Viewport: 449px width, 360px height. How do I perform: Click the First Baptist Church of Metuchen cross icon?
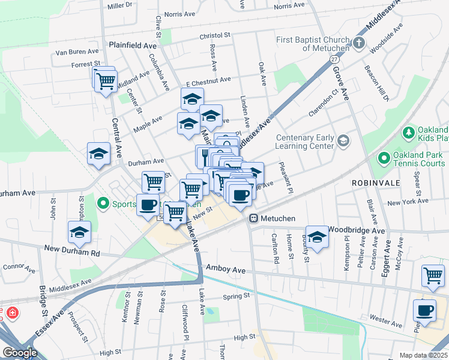pyautogui.click(x=359, y=43)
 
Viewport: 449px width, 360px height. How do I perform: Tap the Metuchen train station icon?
pyautogui.click(x=255, y=218)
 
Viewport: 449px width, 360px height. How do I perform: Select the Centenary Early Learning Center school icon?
pyautogui.click(x=343, y=141)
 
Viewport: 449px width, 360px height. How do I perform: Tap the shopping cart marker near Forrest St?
pyautogui.click(x=106, y=80)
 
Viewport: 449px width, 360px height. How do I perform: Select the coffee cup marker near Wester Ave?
pyautogui.click(x=425, y=311)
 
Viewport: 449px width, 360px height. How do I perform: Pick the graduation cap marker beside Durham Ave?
pyautogui.click(x=98, y=154)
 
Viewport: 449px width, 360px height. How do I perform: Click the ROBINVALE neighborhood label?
pyautogui.click(x=373, y=181)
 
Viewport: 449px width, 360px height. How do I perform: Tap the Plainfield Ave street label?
pyautogui.click(x=132, y=45)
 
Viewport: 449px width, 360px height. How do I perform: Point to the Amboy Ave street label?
pyautogui.click(x=226, y=270)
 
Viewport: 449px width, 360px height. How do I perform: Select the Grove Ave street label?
pyautogui.click(x=340, y=85)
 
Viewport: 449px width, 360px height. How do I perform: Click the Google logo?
pyautogui.click(x=20, y=352)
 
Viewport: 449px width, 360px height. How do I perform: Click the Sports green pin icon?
pyautogui.click(x=103, y=203)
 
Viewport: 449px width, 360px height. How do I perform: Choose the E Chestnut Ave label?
pyautogui.click(x=208, y=80)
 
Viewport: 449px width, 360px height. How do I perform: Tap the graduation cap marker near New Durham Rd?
pyautogui.click(x=79, y=232)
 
